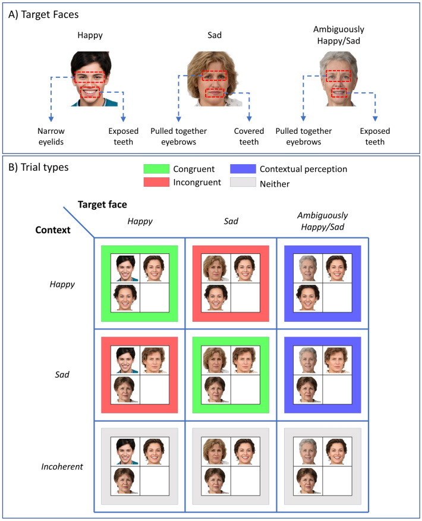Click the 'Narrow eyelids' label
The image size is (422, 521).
50,136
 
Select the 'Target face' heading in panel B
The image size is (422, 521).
103,205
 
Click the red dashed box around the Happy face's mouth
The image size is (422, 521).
90,92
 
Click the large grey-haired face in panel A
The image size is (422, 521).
339,79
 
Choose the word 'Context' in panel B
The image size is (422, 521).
48,230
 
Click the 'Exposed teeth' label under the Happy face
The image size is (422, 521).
124,136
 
